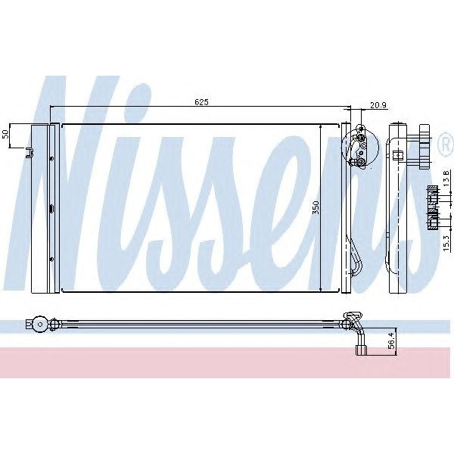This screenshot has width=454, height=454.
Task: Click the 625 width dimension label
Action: (x=201, y=101)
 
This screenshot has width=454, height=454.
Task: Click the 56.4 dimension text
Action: (x=391, y=340)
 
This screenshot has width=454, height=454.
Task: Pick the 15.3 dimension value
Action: (x=446, y=242)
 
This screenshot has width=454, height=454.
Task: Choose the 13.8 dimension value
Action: (x=446, y=180)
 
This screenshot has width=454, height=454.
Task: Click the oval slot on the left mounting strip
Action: (x=51, y=209)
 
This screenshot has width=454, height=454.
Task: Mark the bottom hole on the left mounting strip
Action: (x=51, y=260)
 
